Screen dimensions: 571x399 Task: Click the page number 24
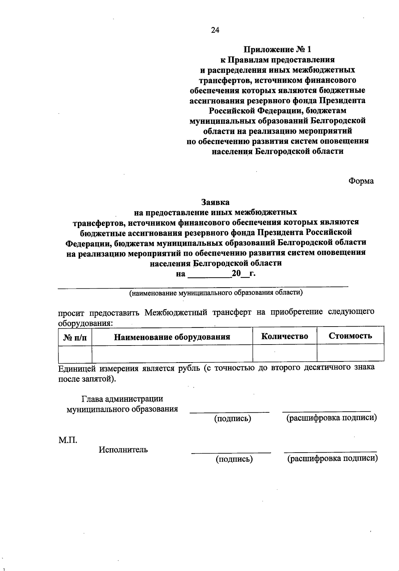215,30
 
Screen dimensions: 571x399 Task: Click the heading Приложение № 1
278,50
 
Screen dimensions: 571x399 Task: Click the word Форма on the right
361,181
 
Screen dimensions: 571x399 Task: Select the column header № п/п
75,337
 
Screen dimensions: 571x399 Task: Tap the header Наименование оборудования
172,337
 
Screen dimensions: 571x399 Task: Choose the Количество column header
285,336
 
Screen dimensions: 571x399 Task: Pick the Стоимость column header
350,336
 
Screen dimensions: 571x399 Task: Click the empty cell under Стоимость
350,353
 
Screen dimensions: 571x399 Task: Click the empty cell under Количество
285,353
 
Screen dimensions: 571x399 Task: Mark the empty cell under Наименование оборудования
172,354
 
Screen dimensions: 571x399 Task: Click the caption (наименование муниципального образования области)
216,293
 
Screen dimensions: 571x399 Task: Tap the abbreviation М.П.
68,440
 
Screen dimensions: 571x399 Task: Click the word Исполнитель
123,450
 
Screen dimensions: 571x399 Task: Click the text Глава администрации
122,399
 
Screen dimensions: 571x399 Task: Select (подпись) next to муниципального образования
232,418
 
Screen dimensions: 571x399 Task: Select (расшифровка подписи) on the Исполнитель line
332,459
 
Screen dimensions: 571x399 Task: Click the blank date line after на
209,275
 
